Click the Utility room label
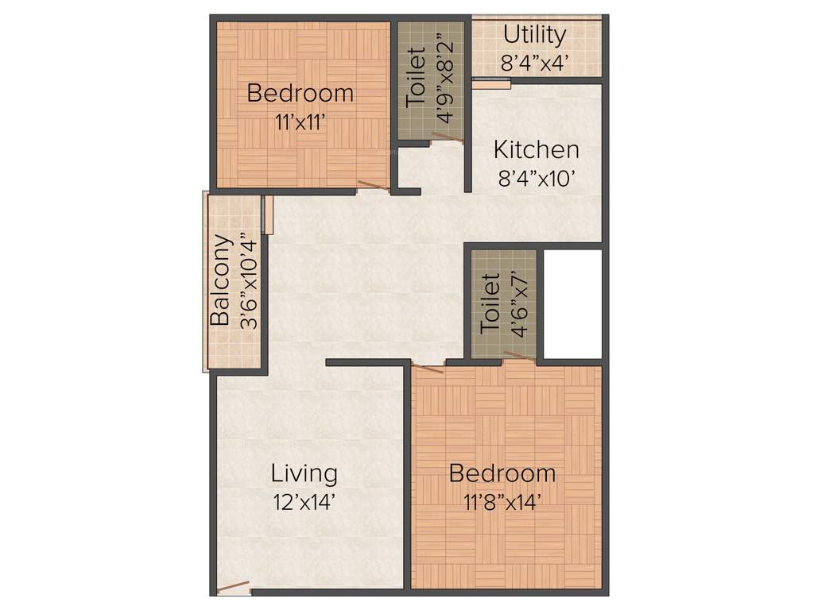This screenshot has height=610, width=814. click(x=535, y=35)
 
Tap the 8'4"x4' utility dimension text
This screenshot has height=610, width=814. click(x=535, y=63)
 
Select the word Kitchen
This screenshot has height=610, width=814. click(x=536, y=149)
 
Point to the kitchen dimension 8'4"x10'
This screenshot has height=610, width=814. click(x=536, y=179)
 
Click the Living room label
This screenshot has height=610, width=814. click(x=304, y=473)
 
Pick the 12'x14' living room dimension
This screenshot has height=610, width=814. click(x=304, y=502)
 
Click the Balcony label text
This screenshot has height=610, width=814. click(x=220, y=280)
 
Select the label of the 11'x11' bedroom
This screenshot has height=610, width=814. click(x=300, y=93)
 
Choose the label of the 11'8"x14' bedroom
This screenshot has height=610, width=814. click(x=502, y=473)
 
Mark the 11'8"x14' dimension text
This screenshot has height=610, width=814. click(x=502, y=502)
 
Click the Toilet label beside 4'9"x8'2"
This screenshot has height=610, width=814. click(x=417, y=78)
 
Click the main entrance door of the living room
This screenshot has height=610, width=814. click(x=233, y=589)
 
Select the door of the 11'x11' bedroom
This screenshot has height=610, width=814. click(x=373, y=187)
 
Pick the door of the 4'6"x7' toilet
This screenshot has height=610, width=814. click(x=518, y=356)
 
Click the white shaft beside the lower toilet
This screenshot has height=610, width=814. click(x=572, y=303)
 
